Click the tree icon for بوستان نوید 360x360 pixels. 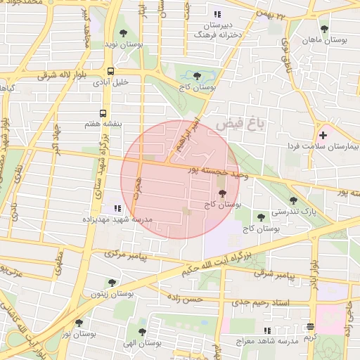124,32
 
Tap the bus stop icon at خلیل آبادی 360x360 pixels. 110,71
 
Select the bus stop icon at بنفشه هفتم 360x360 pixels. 103,112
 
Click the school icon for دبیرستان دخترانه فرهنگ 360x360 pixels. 217,14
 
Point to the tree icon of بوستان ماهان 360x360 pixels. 323,30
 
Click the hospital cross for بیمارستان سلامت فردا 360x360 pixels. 323,134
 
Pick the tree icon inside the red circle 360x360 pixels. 221,193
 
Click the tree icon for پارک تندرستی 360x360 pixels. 293,200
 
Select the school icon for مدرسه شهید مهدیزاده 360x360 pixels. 117,208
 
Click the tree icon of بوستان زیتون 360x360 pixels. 112,283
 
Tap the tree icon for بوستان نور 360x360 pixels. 79,323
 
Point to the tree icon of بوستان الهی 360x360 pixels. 142,332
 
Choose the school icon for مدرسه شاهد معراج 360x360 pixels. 266,330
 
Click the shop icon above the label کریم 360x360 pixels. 311,326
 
